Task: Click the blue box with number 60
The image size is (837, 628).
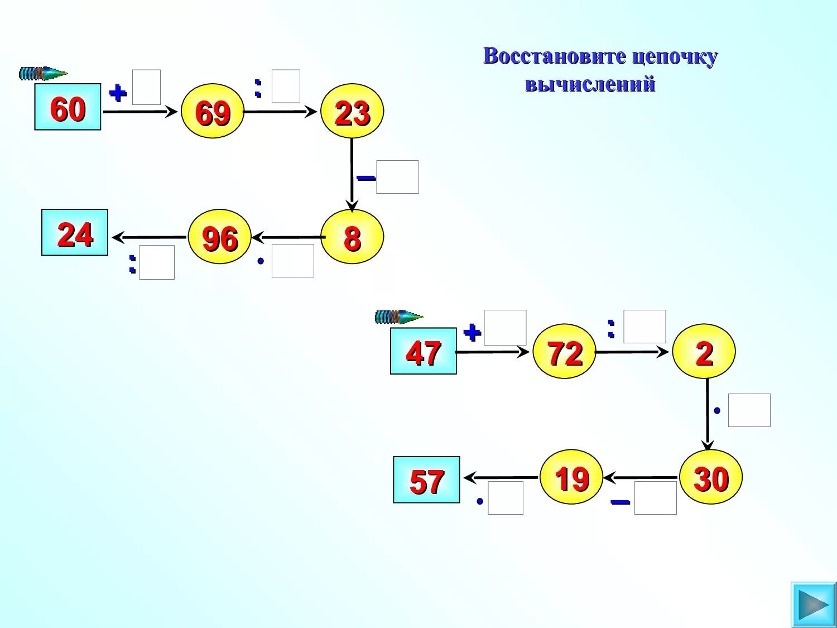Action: coord(68,107)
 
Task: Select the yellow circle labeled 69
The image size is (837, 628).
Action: coord(213,112)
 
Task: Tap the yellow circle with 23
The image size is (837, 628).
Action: coord(352,112)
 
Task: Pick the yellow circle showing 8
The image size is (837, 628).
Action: coord(352,237)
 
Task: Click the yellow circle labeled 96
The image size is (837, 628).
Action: coord(219,237)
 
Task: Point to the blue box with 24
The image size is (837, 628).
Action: coord(75,233)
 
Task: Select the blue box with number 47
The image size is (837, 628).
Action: coord(423,351)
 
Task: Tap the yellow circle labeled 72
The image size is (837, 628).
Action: coord(564,352)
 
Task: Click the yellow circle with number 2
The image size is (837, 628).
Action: coord(704,352)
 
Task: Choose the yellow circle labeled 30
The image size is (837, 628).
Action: coord(710,477)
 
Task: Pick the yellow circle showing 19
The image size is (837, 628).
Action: coord(571,477)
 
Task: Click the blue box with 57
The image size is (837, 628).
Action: coord(426,480)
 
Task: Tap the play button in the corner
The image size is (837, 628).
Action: coord(813,605)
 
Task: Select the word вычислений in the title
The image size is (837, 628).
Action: coord(590,84)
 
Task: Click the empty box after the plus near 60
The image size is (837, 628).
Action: coord(146,87)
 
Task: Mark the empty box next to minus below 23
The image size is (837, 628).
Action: coord(397,177)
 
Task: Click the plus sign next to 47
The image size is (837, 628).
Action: coord(472,333)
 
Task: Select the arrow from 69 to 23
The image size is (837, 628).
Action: coord(281,112)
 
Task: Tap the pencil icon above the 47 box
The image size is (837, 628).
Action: coord(398,317)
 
